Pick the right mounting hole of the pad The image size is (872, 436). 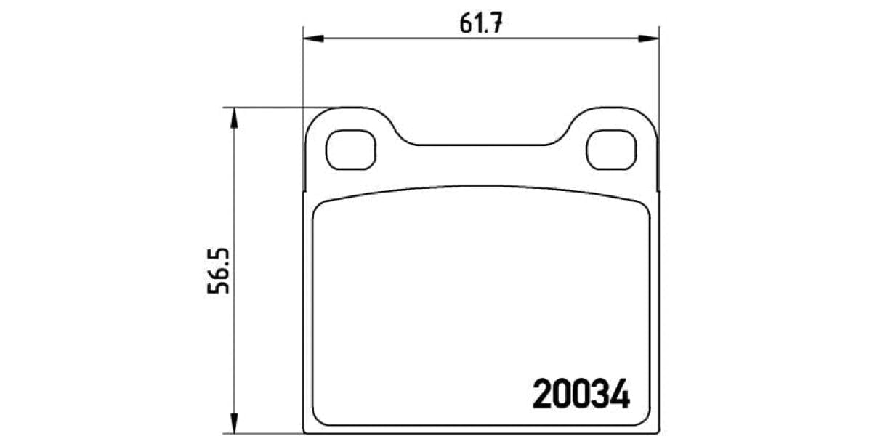pyautogui.click(x=611, y=150)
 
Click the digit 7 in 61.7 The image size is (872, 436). pyautogui.click(x=497, y=23)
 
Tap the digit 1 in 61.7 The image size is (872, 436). pyautogui.click(x=480, y=23)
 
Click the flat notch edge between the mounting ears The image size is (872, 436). pyautogui.click(x=482, y=145)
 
